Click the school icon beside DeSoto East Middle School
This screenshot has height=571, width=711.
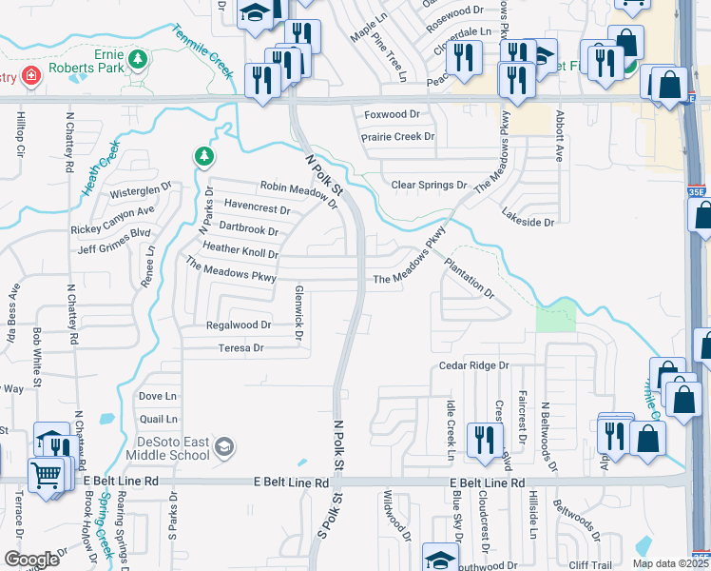pyautogui.click(x=224, y=447)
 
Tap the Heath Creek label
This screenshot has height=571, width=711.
pyautogui.click(x=101, y=167)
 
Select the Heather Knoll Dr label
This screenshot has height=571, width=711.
pyautogui.click(x=240, y=254)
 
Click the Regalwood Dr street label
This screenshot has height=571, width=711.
pyautogui.click(x=239, y=325)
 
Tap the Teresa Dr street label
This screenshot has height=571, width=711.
pyautogui.click(x=240, y=348)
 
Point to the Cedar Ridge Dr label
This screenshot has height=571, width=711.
pyautogui.click(x=474, y=365)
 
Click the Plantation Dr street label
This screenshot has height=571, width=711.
pyautogui.click(x=470, y=275)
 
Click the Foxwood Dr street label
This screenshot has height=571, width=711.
pyautogui.click(x=393, y=114)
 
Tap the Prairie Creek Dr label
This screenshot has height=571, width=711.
pyautogui.click(x=397, y=137)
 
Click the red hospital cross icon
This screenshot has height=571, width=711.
pyautogui.click(x=31, y=76)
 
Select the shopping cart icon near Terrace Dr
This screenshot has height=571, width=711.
pyautogui.click(x=47, y=472)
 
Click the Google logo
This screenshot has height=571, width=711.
pyautogui.click(x=32, y=559)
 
